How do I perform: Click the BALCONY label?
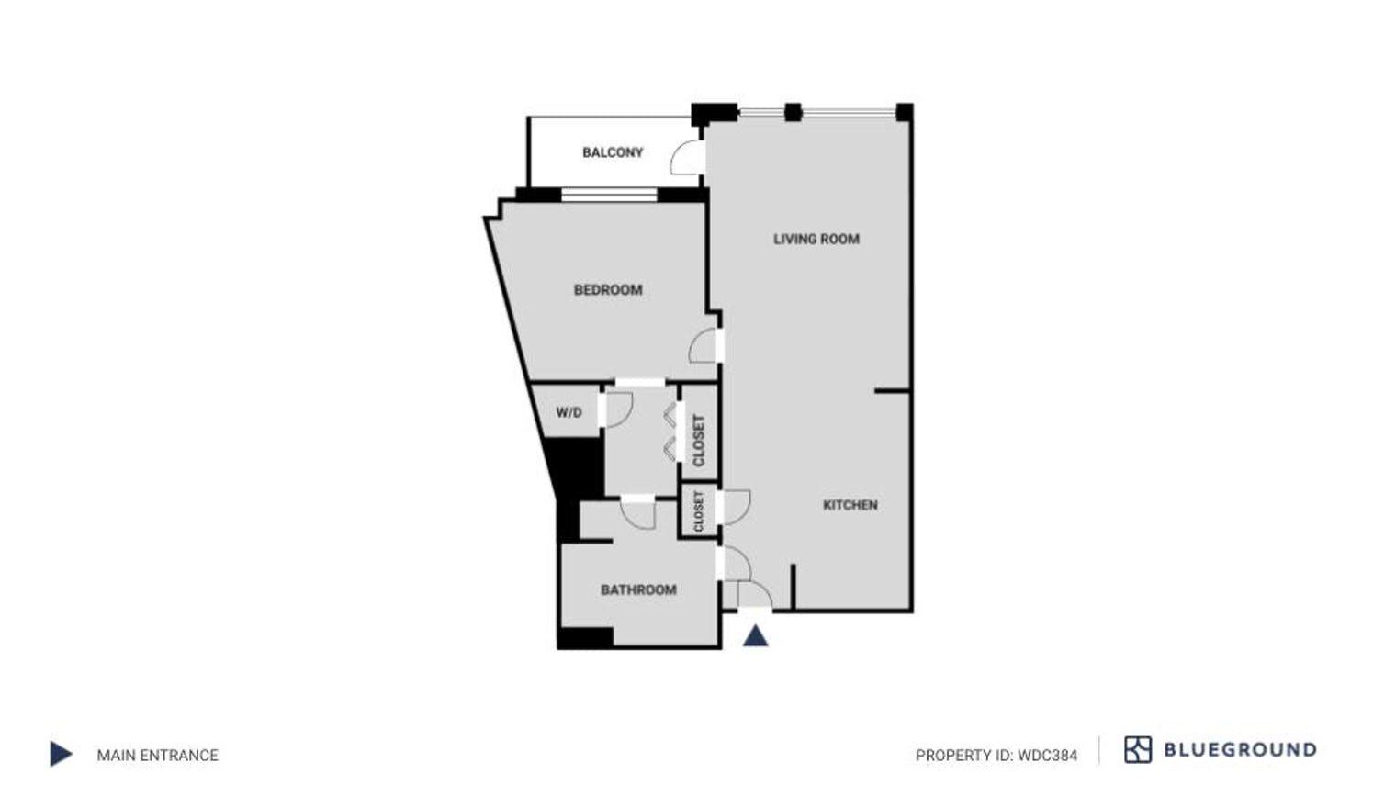(613, 152)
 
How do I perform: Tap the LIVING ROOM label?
(816, 239)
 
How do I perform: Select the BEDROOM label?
(608, 290)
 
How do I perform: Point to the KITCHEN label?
(850, 505)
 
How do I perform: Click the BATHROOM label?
(638, 589)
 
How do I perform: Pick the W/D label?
(569, 412)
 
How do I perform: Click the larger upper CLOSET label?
(698, 441)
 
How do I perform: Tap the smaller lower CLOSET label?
(699, 511)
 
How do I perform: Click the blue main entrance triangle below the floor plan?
(755, 635)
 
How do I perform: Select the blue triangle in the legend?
(61, 755)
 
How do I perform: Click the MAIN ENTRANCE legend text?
(158, 756)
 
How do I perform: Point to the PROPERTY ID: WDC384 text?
(996, 756)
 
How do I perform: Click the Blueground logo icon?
(1137, 750)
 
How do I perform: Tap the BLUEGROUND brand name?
(1240, 750)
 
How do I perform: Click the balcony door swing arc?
(687, 157)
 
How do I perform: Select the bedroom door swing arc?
(704, 346)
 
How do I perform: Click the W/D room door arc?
(618, 409)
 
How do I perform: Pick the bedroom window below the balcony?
(609, 195)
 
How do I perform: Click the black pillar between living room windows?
(794, 112)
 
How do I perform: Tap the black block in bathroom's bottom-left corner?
(585, 637)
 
